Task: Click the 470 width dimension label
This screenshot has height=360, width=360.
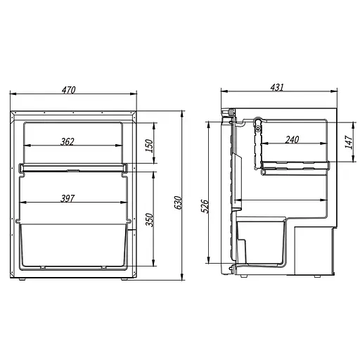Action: coord(69,90)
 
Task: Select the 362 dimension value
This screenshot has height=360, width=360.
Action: coord(67,141)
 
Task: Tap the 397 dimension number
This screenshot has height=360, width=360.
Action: coord(67,198)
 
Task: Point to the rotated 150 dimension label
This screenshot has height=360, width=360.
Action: coord(149,146)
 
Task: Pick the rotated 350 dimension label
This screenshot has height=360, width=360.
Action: coord(149,219)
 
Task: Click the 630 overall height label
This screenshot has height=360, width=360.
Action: coord(178,202)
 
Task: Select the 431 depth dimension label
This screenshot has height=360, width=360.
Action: coord(277,87)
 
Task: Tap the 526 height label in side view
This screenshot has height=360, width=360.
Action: coord(205,206)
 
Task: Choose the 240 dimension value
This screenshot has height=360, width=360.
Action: coord(292,140)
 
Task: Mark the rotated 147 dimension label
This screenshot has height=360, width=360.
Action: coord(349,141)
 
